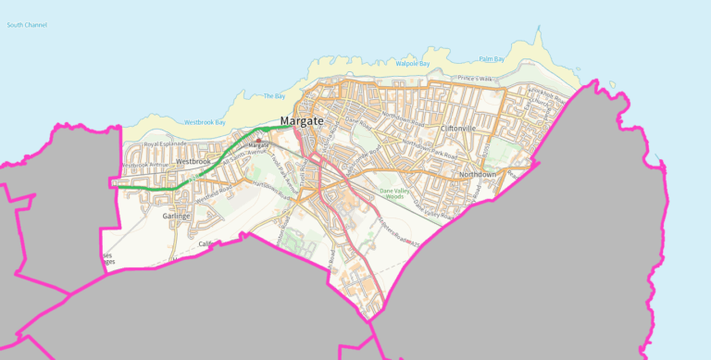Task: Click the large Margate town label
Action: pos(302,121)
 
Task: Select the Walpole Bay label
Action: pos(412,64)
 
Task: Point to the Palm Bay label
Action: pos(492,59)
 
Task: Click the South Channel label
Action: pos(27,24)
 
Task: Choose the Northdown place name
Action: pos(479,174)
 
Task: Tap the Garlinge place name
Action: pos(176,216)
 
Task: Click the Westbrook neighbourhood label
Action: pos(193,161)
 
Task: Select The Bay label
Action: pos(274,96)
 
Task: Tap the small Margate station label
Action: pos(257,146)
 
